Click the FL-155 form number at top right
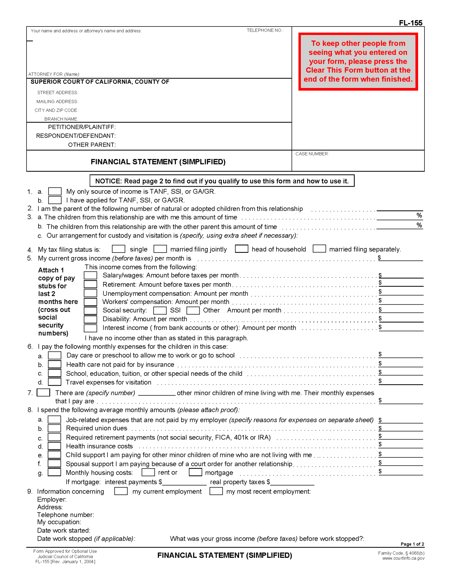(x=410, y=23)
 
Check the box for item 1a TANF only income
(x=55, y=191)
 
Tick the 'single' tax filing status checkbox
(x=119, y=249)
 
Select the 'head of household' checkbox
(x=241, y=249)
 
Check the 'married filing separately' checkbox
(x=319, y=249)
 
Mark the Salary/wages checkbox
(x=90, y=275)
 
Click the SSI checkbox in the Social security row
(x=160, y=310)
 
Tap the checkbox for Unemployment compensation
(x=90, y=293)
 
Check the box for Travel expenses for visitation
(x=54, y=382)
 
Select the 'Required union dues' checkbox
(x=54, y=428)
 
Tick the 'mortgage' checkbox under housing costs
(x=195, y=472)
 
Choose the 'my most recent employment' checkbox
(x=216, y=491)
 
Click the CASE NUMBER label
(x=312, y=154)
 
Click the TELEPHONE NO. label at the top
(x=265, y=30)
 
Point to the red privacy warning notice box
(x=358, y=61)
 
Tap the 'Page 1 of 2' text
(x=412, y=544)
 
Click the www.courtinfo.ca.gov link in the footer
(x=403, y=558)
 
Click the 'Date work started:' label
(x=64, y=530)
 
